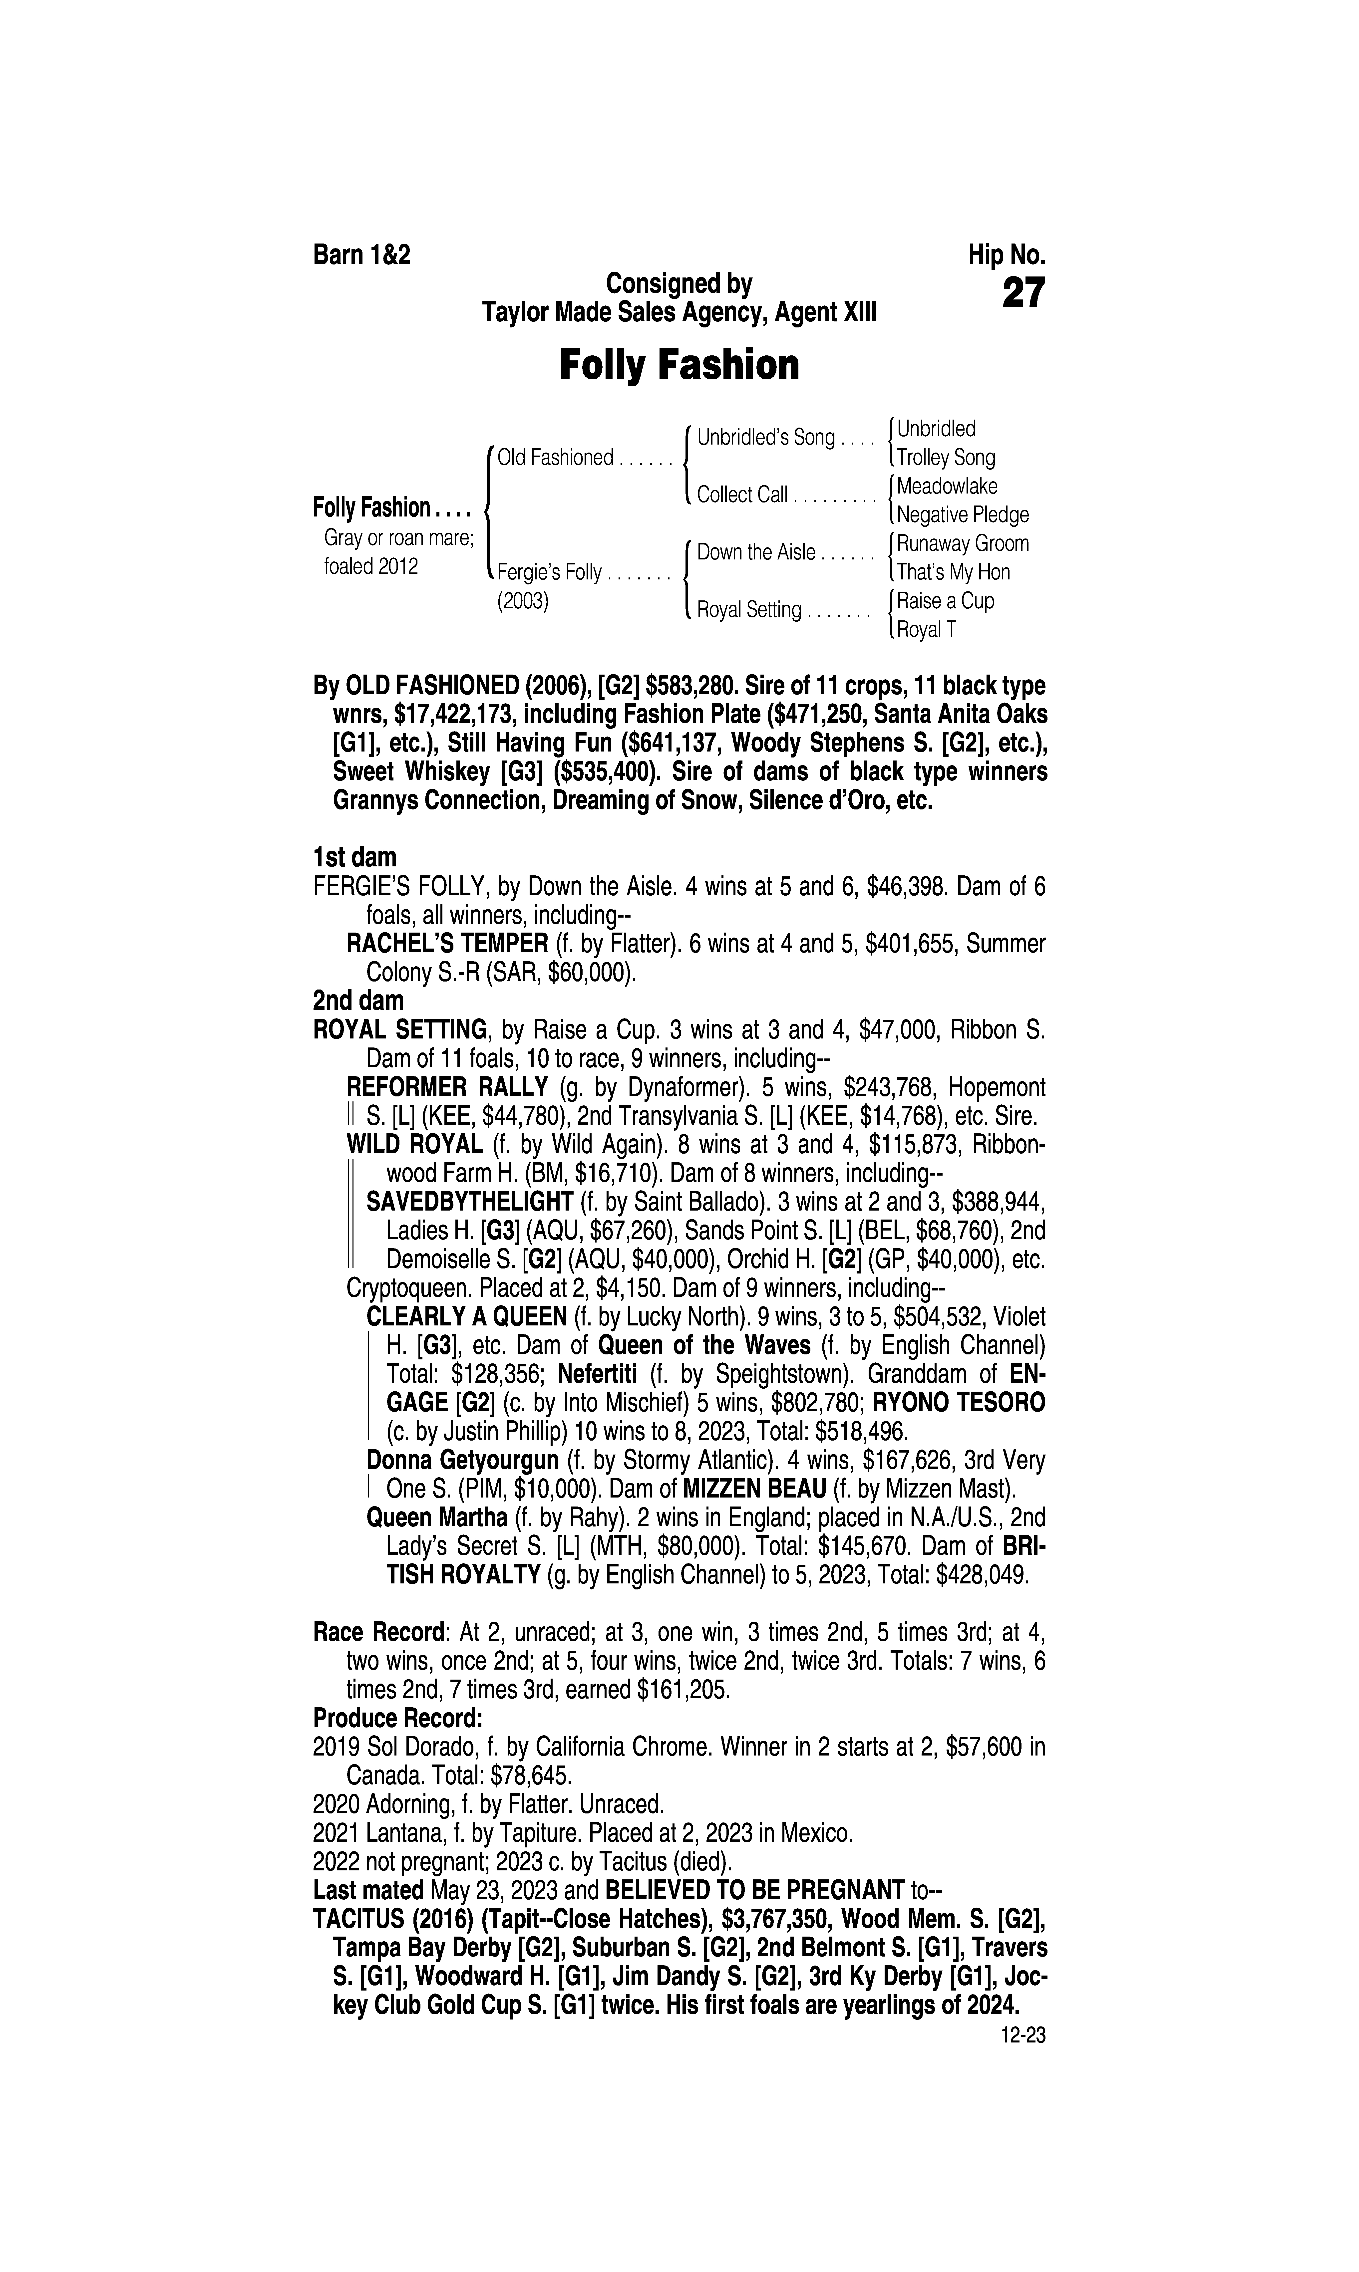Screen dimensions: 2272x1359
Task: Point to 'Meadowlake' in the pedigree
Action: point(947,486)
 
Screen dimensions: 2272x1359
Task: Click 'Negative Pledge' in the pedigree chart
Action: point(963,515)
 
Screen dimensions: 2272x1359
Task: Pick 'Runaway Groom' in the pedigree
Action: point(963,544)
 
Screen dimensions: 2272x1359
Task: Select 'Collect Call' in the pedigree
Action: point(742,495)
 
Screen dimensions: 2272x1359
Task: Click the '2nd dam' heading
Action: point(358,1002)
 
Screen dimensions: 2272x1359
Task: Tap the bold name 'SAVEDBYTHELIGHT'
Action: point(469,1202)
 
